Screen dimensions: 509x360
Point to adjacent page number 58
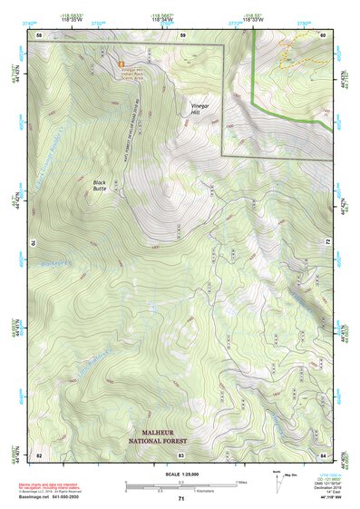(x=39, y=34)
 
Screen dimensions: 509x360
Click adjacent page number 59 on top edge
(x=182, y=34)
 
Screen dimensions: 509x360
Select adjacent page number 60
(x=324, y=34)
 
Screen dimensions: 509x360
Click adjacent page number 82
(x=39, y=453)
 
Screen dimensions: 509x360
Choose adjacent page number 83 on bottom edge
(x=181, y=453)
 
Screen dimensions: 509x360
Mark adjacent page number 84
(x=324, y=453)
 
